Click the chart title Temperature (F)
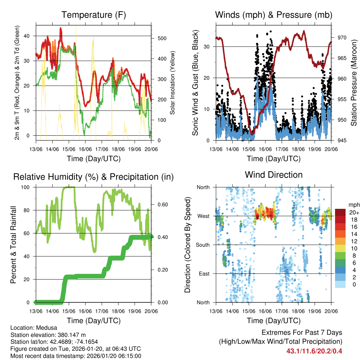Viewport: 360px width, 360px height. tap(94, 15)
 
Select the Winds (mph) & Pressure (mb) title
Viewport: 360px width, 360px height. tap(274, 15)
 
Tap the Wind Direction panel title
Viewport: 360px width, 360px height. tap(274, 175)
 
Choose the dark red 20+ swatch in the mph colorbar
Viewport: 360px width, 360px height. tap(340, 213)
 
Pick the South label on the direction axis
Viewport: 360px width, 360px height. tap(203, 245)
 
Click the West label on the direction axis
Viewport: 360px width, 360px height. tap(204, 216)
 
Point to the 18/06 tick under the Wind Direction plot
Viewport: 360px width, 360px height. tap(298, 311)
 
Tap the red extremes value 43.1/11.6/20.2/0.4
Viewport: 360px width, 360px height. tap(314, 351)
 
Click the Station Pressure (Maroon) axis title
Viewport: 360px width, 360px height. tap(354, 83)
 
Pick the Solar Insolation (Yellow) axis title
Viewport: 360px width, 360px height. tap(173, 83)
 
